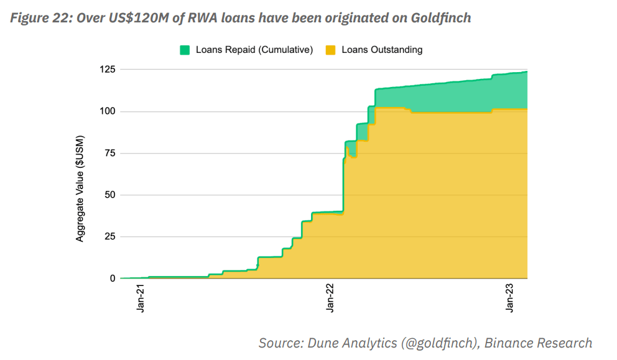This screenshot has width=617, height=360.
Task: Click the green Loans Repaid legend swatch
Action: tap(185, 50)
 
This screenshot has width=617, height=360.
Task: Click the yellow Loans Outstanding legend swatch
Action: tap(331, 50)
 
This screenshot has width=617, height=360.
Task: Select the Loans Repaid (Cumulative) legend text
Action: tap(254, 50)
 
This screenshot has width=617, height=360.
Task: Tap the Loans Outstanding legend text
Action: tap(382, 50)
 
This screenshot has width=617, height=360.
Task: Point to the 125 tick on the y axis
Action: tap(108, 70)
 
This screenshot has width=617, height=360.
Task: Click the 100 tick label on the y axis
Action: tap(108, 111)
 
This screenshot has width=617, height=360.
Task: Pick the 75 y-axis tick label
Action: tap(110, 153)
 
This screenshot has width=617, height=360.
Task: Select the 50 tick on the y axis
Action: tap(110, 195)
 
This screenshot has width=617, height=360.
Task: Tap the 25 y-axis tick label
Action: tap(110, 236)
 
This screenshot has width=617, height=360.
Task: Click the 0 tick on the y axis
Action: tap(113, 278)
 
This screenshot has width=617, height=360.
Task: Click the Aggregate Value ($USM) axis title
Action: tap(80, 188)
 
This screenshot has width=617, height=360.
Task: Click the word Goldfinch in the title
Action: tap(441, 18)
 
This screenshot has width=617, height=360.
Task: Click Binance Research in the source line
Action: tap(539, 343)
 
